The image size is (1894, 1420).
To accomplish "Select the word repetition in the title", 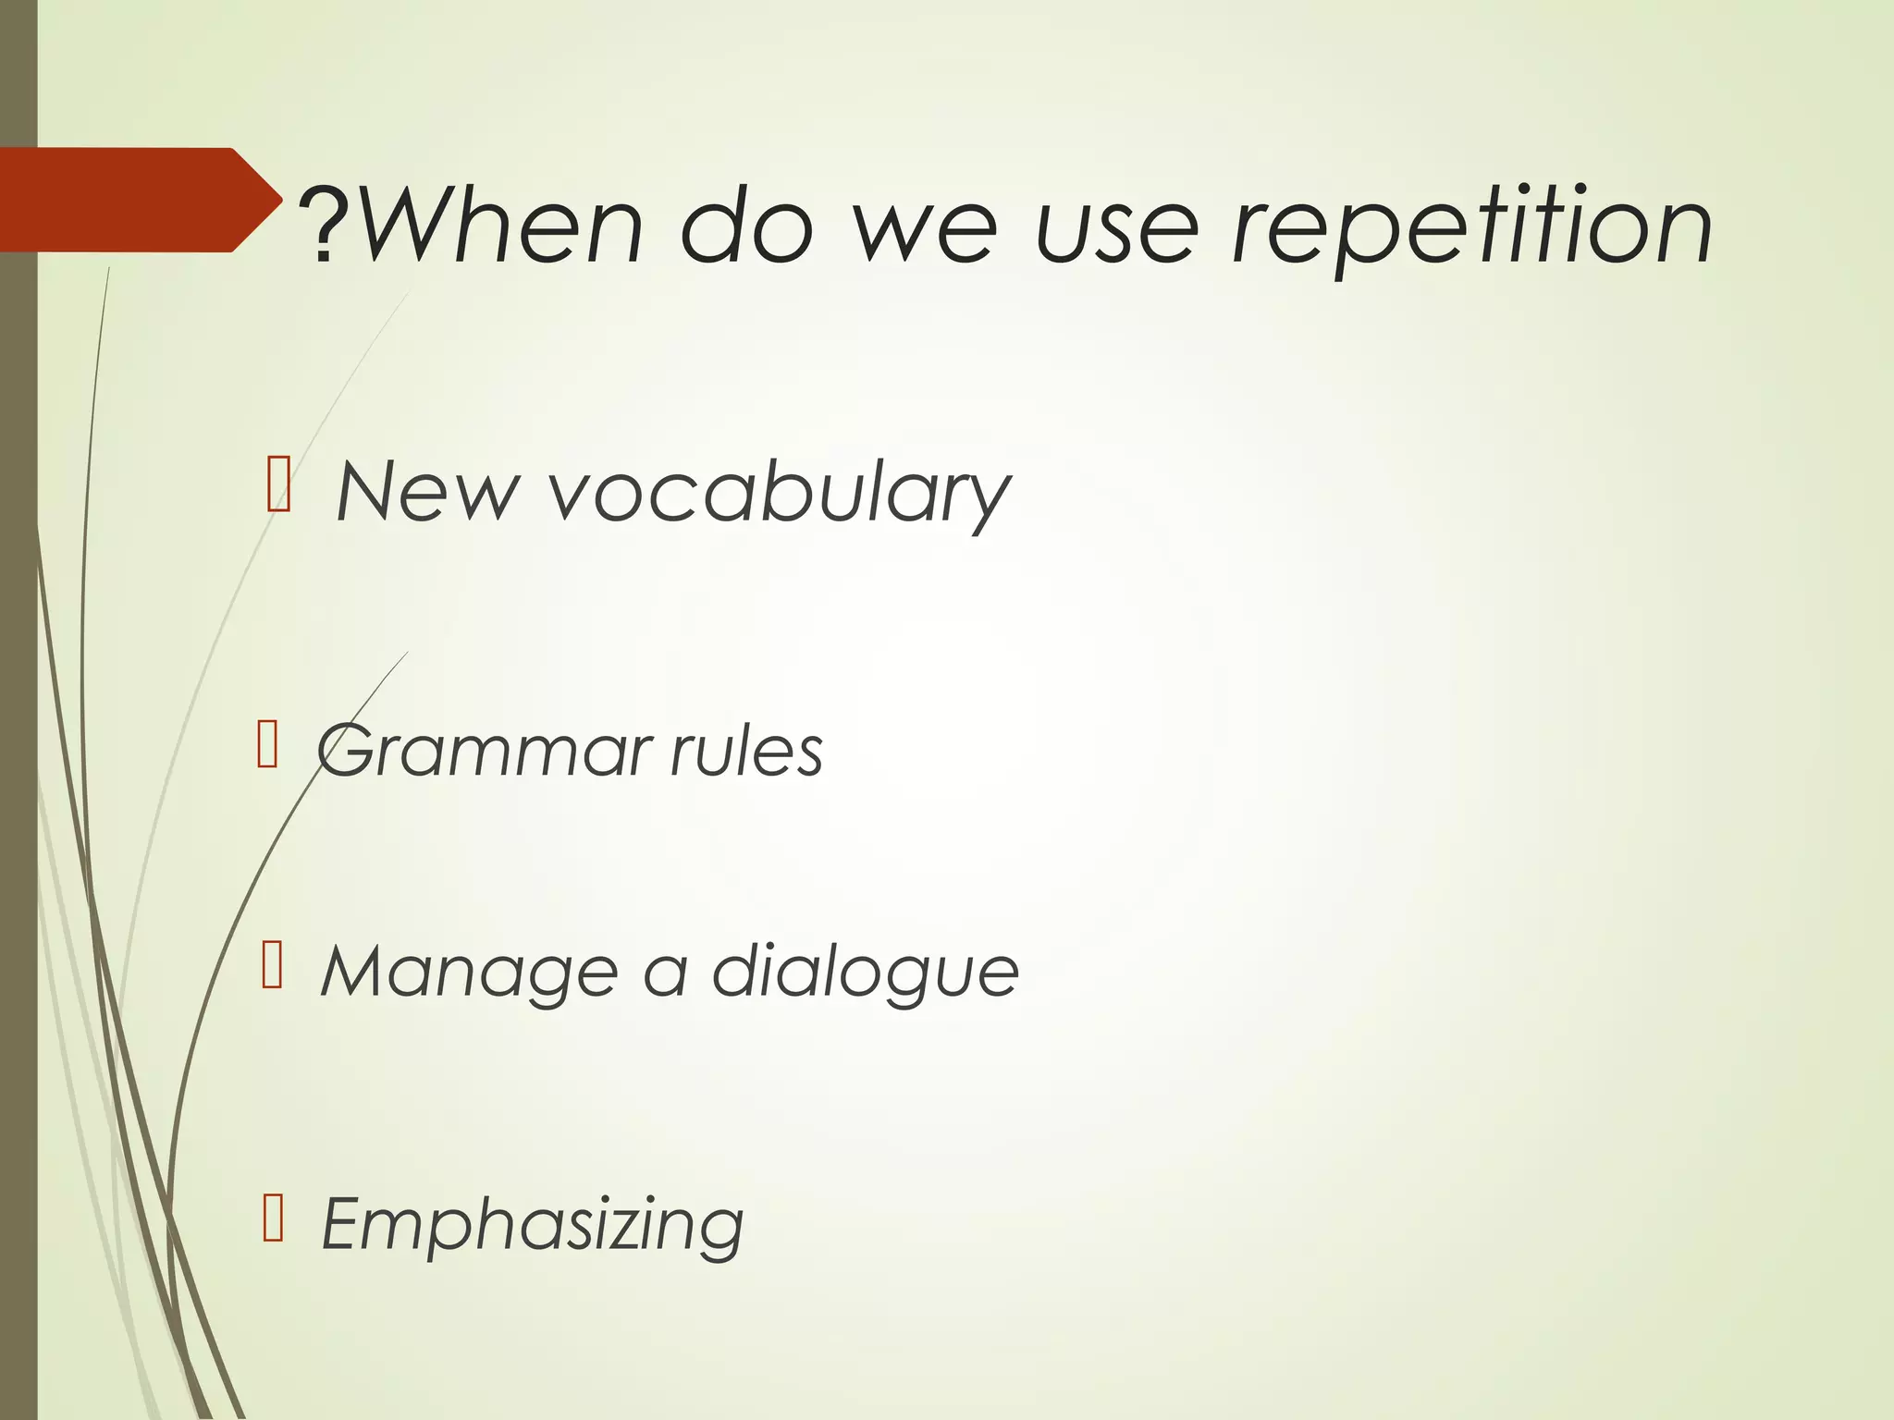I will tap(1470, 227).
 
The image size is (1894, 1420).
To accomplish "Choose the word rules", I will tap(745, 751).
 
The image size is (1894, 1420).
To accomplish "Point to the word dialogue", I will tap(865, 974).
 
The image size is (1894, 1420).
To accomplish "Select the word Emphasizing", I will tap(532, 1226).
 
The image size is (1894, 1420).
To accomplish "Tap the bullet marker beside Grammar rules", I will tap(267, 744).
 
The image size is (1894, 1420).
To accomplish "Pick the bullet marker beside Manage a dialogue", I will tap(272, 966).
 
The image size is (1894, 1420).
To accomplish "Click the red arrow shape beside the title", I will tap(129, 200).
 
